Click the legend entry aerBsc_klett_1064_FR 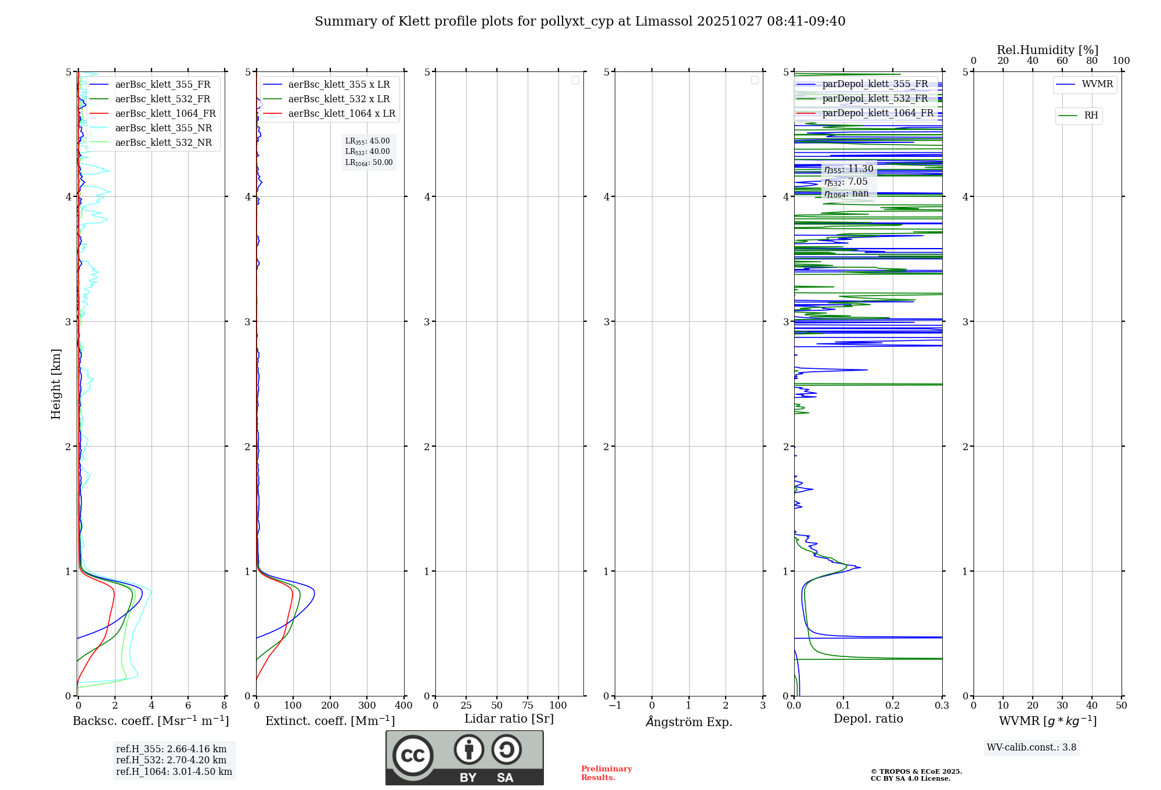click(165, 114)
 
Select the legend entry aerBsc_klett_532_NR click(163, 143)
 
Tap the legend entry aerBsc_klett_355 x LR click(338, 85)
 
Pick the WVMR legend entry click(1097, 84)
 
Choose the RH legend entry click(1091, 116)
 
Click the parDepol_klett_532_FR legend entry click(875, 99)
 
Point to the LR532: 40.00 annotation click(367, 152)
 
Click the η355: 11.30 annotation click(848, 169)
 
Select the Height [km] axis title click(56, 384)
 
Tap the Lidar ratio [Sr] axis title click(509, 719)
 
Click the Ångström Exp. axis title click(689, 721)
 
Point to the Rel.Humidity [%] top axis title click(1047, 50)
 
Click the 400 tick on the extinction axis click(403, 706)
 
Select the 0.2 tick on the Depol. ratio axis click(893, 706)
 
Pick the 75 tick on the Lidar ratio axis click(527, 706)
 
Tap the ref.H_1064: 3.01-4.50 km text click(174, 772)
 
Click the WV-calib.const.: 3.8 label click(1032, 748)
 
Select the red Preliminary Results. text click(606, 773)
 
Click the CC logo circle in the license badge click(413, 756)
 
